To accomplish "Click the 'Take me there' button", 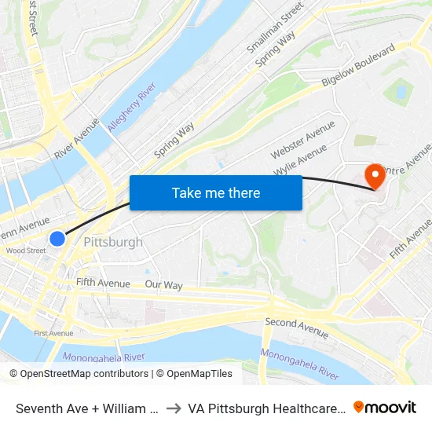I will pyautogui.click(x=216, y=192).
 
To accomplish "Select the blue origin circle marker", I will pyautogui.click(x=57, y=238).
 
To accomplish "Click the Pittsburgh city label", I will pyautogui.click(x=113, y=242).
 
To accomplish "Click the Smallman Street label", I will pyautogui.click(x=276, y=27).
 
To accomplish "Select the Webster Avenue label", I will pyautogui.click(x=302, y=139).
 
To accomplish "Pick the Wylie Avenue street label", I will pyautogui.click(x=300, y=159).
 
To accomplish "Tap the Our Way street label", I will pyautogui.click(x=163, y=285).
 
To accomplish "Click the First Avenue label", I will pyautogui.click(x=53, y=333).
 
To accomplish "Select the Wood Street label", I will pyautogui.click(x=25, y=251).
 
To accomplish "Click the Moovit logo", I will pyautogui.click(x=385, y=408).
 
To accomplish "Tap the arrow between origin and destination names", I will pyautogui.click(x=174, y=408).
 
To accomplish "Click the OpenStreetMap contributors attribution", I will pyautogui.click(x=79, y=374).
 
